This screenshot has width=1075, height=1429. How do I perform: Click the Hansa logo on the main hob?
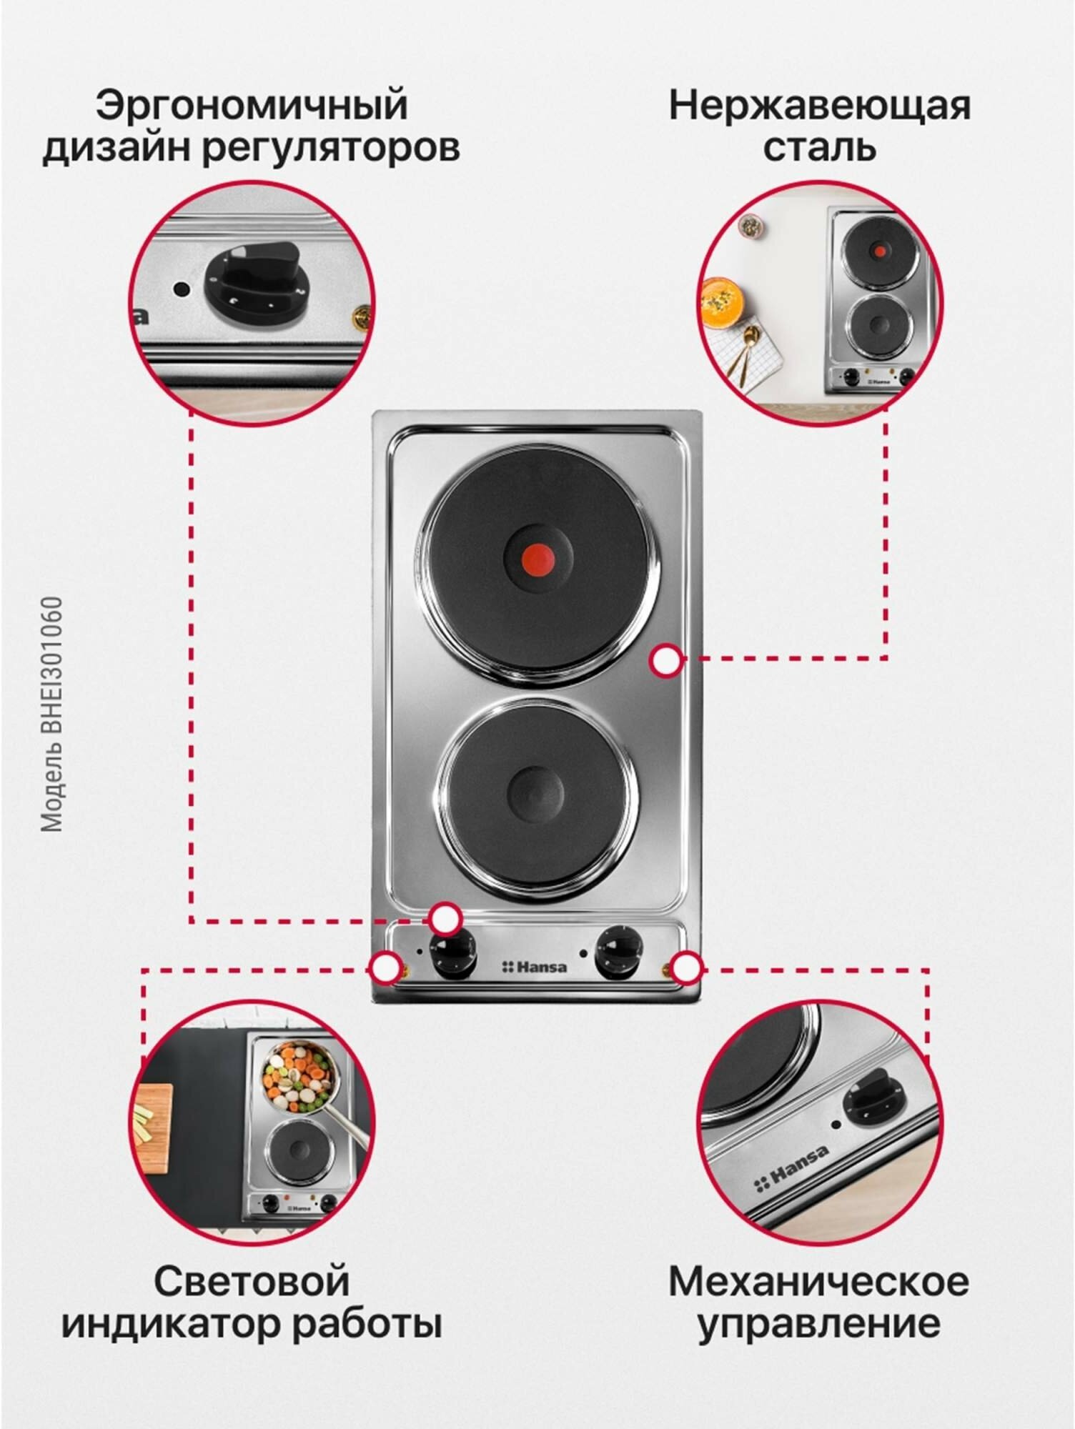coord(534,967)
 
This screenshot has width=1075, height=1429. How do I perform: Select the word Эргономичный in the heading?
coord(252,105)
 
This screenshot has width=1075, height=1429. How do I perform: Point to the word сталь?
coord(819,148)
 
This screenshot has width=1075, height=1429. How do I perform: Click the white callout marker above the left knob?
coord(445,918)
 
